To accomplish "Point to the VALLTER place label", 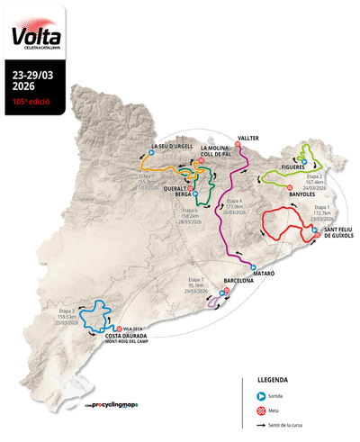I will (248, 139).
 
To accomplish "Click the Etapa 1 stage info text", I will (322, 212).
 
